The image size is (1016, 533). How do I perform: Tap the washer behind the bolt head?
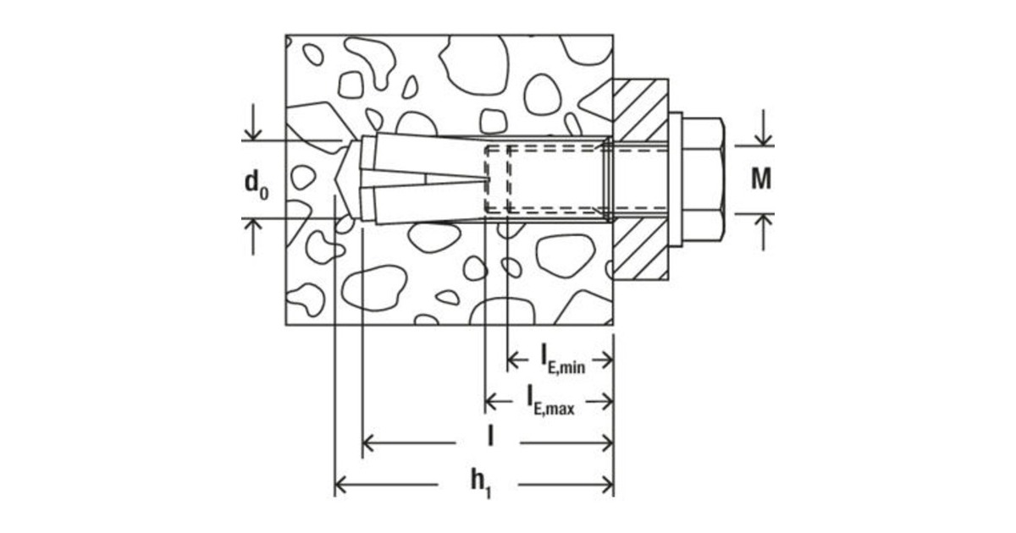(676, 179)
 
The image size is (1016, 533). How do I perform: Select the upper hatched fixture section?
(640, 109)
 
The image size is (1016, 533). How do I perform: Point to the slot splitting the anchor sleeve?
(440, 179)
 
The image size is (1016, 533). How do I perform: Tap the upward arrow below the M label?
(765, 221)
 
